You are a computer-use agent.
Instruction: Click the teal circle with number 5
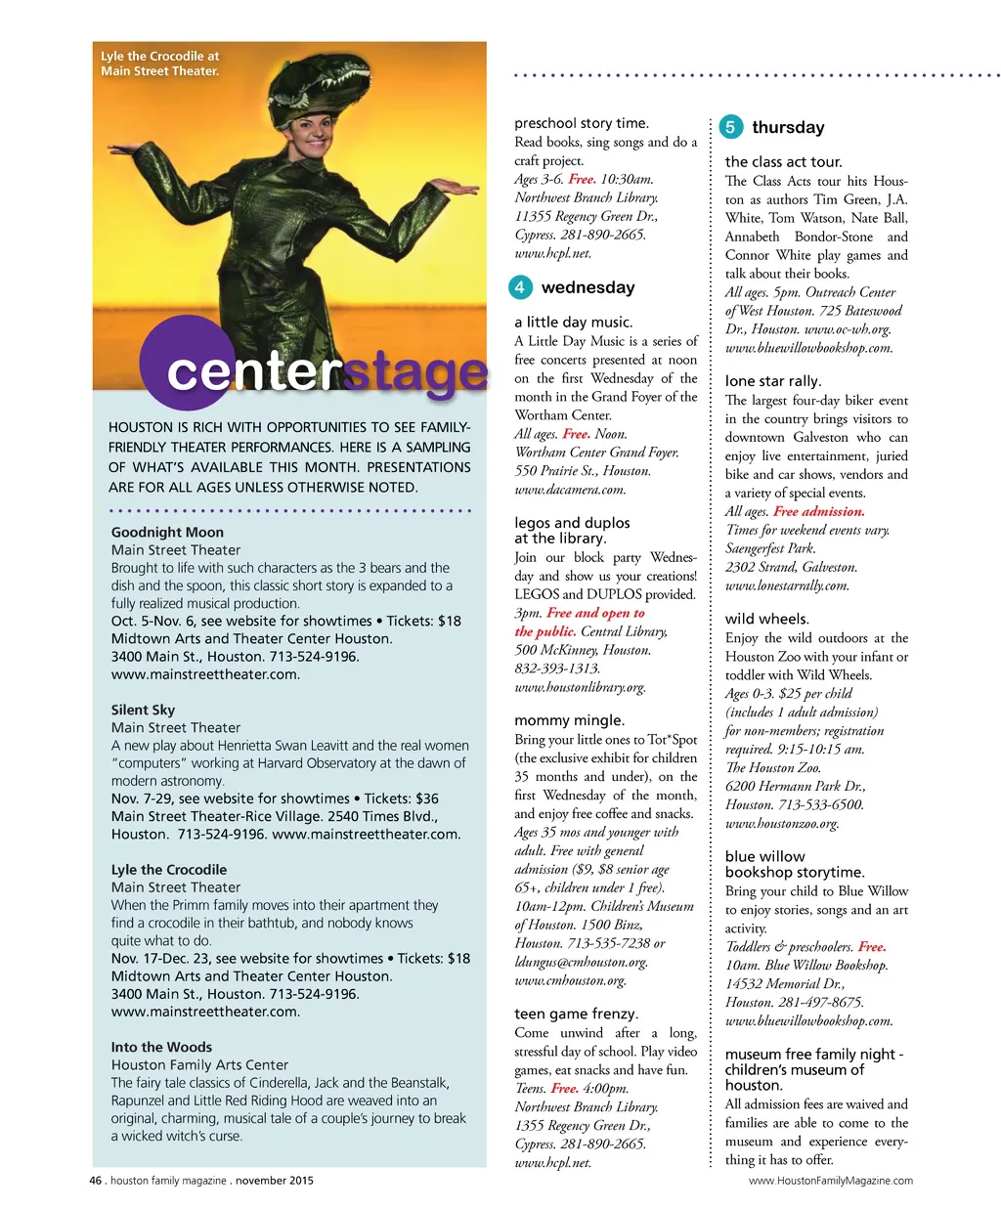click(x=730, y=127)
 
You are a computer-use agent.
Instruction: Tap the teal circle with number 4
click(x=520, y=287)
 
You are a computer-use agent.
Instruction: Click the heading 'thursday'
click(x=788, y=127)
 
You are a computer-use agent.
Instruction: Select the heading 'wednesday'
click(x=588, y=287)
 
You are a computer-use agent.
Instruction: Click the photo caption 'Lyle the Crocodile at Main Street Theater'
click(x=160, y=64)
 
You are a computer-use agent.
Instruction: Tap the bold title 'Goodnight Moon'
click(x=167, y=533)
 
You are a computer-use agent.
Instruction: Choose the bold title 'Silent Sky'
click(x=143, y=711)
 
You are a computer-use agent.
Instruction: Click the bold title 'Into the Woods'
click(x=161, y=1048)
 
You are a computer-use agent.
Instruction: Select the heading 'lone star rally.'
click(x=773, y=381)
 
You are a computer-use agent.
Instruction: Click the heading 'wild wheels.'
click(x=767, y=619)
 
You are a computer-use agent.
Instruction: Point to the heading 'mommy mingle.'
click(x=569, y=720)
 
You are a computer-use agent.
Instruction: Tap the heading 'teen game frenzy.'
click(x=576, y=1014)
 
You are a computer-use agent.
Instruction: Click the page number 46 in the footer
click(x=96, y=1181)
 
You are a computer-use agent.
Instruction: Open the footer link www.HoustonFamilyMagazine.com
click(x=830, y=1181)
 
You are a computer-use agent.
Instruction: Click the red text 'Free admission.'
click(x=819, y=511)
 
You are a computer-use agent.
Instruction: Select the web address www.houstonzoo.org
click(x=782, y=824)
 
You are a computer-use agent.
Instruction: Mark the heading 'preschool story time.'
click(x=582, y=123)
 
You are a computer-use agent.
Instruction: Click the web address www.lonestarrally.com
click(x=787, y=585)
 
